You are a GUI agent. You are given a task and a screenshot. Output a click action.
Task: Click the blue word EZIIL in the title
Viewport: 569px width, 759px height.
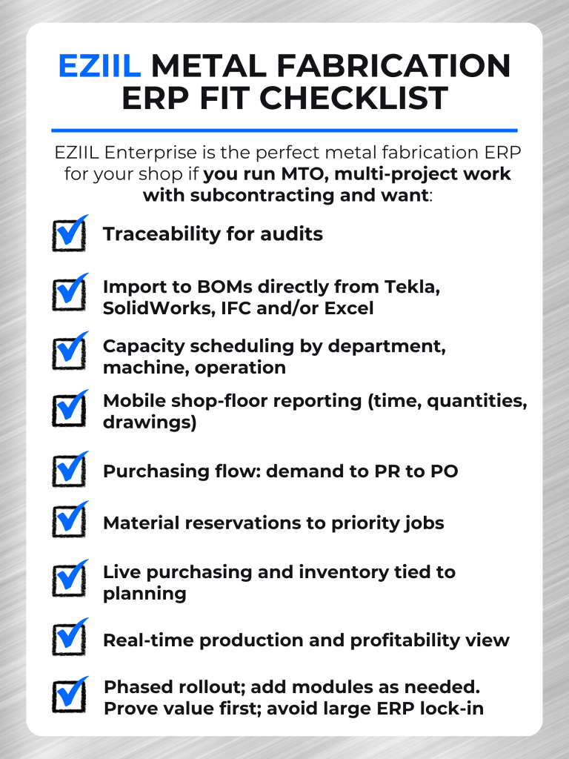coord(99,67)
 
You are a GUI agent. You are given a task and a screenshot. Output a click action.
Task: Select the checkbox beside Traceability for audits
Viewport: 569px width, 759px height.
coord(70,235)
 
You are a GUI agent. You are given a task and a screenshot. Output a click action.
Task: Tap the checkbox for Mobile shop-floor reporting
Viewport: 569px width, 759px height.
coord(70,409)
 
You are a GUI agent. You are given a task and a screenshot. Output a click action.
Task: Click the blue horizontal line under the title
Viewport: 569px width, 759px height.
coord(284,130)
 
